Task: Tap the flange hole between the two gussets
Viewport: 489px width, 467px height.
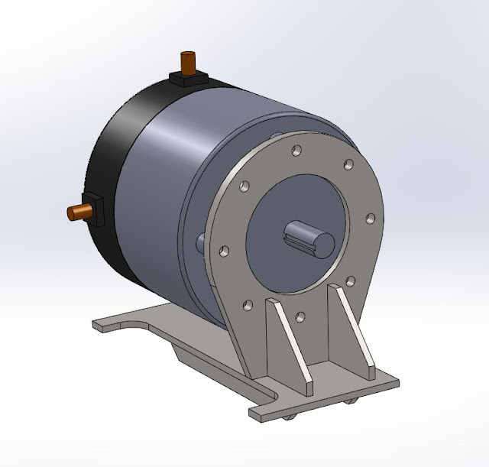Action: (x=300, y=316)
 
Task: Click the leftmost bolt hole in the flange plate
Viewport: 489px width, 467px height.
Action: (x=224, y=250)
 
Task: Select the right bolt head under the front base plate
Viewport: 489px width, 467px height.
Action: (x=353, y=400)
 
